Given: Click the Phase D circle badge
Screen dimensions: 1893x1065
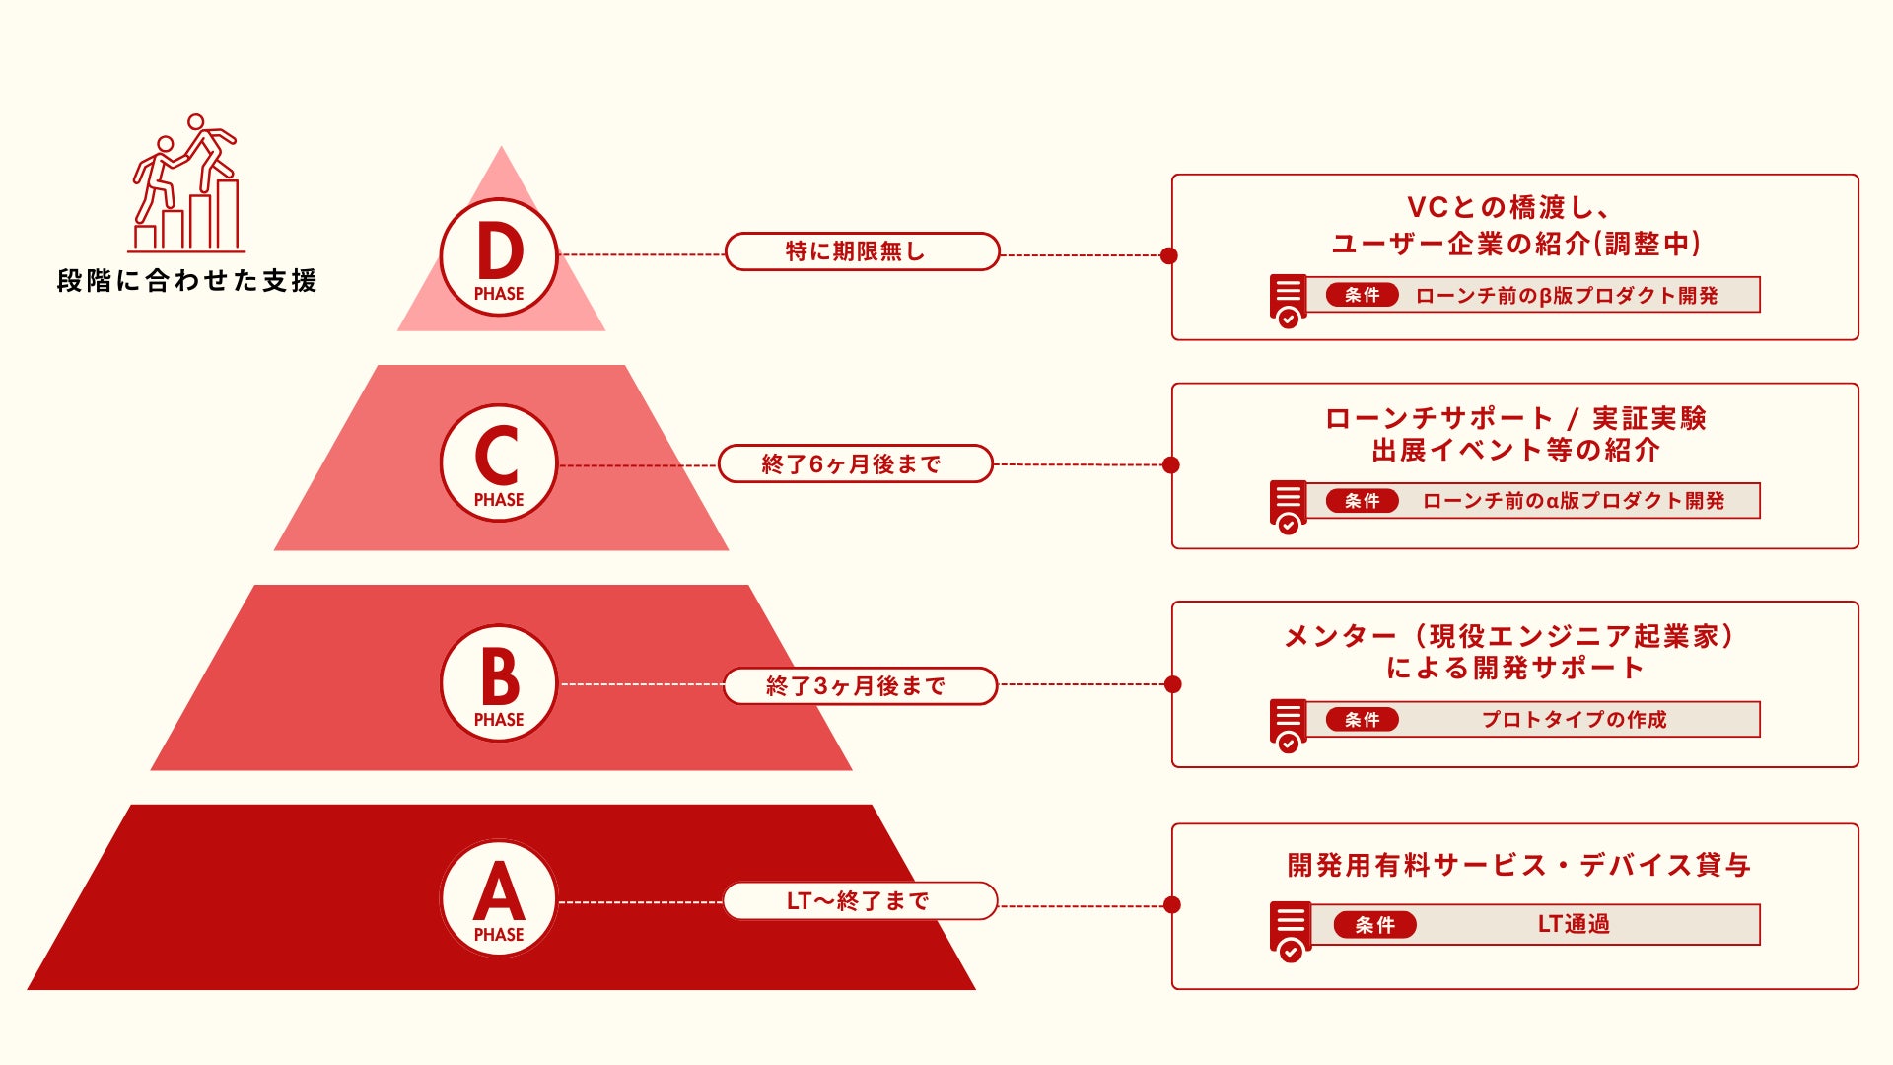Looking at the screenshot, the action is (499, 257).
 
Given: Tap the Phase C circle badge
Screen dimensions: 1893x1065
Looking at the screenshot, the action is (499, 463).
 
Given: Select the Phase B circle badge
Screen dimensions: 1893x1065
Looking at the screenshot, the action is (499, 683).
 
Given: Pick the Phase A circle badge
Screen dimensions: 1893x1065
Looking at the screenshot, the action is (499, 898).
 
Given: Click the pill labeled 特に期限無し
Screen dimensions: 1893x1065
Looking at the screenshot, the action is (862, 251).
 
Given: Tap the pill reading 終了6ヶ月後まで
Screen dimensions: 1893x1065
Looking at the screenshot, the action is (855, 463).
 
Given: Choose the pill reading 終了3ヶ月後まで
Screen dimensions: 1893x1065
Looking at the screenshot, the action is (860, 685).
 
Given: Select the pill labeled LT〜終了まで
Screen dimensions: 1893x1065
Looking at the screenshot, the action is (860, 900).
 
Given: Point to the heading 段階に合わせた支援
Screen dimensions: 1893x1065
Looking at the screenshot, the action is (187, 281).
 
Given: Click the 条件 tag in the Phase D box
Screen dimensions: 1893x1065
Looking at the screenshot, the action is (1362, 295).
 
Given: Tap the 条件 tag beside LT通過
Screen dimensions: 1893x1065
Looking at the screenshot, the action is (1374, 924).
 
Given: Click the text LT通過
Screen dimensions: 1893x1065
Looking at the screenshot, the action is (1574, 924).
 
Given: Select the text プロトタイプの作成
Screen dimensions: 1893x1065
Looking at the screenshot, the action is (1574, 719).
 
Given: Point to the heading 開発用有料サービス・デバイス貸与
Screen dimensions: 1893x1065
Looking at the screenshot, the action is (1518, 865).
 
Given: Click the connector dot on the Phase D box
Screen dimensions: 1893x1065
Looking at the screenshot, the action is (1169, 255).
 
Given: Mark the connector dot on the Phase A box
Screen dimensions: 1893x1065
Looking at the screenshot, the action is (1172, 904).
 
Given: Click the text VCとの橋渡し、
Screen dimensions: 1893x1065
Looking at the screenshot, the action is (1508, 207).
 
